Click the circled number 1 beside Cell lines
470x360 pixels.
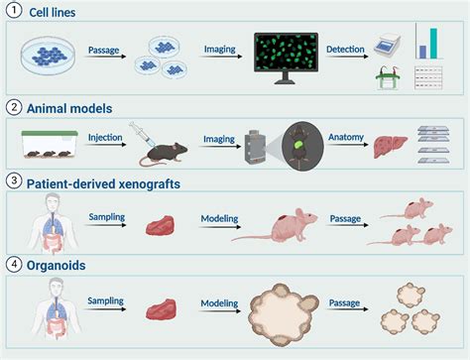tap(12, 11)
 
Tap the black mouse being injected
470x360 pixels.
tap(159, 152)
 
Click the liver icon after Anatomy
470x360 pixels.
tap(389, 148)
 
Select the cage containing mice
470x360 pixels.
tap(47, 147)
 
